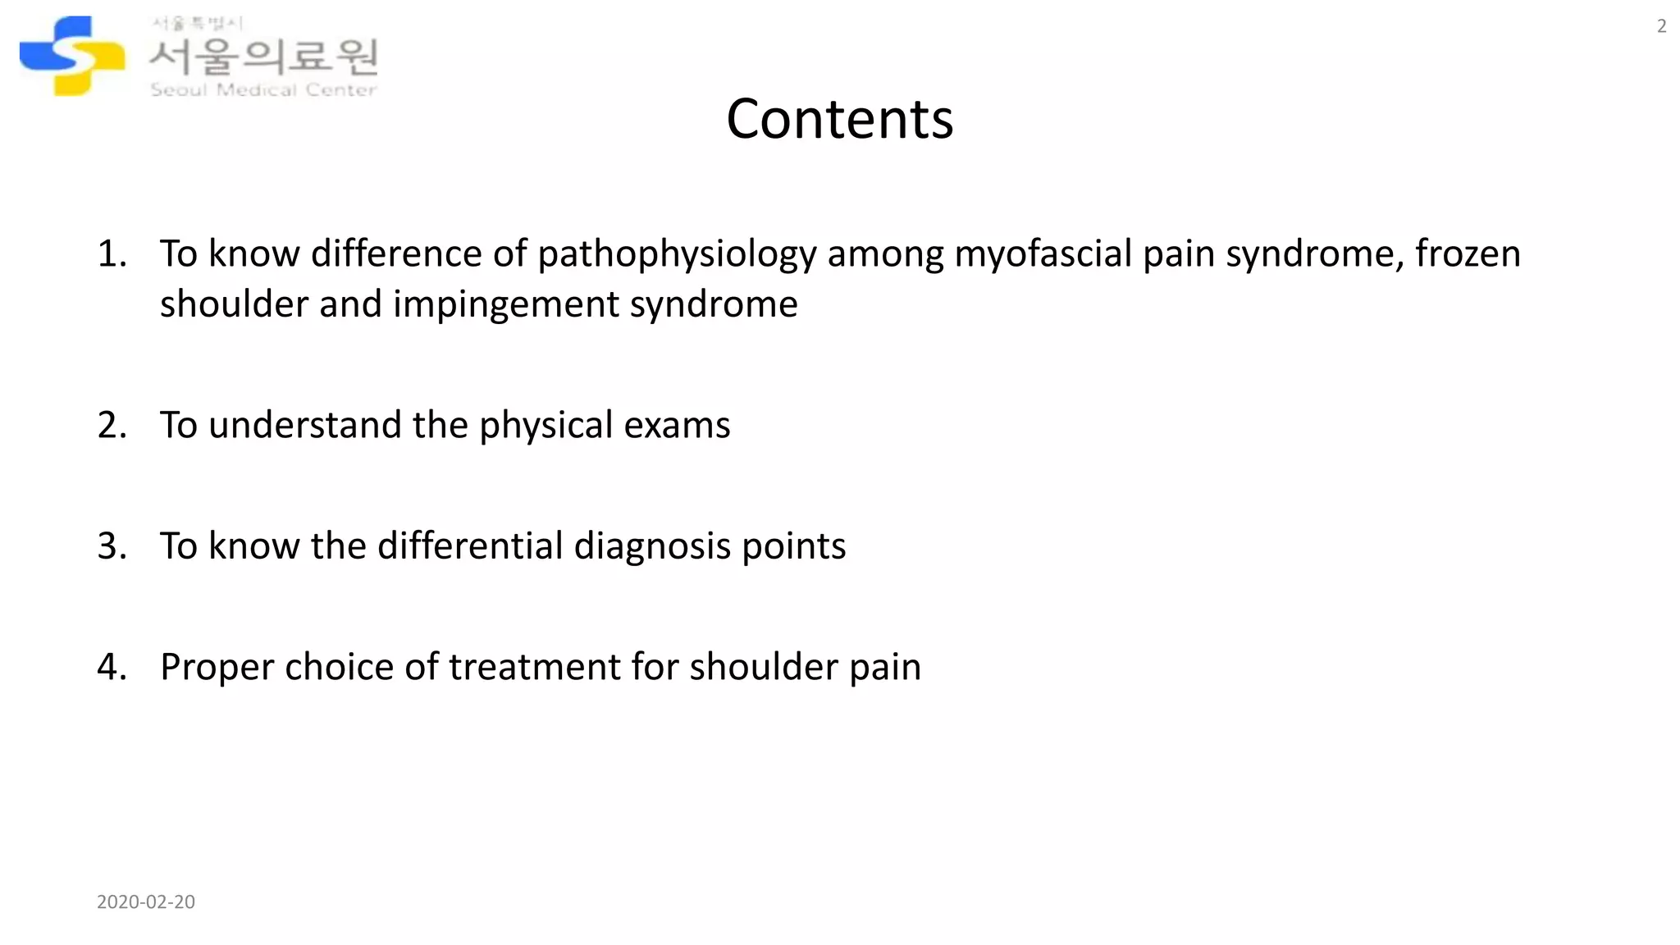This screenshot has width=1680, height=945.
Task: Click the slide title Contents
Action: click(x=839, y=119)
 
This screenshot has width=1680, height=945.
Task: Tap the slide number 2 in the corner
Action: click(x=1661, y=26)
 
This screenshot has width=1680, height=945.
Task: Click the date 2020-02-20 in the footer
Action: click(x=146, y=902)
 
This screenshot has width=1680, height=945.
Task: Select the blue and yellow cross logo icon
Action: click(x=72, y=56)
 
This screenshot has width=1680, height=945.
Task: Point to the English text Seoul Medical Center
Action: click(x=263, y=89)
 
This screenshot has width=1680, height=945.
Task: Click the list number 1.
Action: click(x=112, y=253)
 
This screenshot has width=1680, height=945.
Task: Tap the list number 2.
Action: click(x=112, y=425)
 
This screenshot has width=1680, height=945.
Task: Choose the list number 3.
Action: click(x=112, y=546)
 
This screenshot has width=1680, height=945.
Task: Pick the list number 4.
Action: click(x=112, y=666)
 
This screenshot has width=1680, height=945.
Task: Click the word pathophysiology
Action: click(x=677, y=254)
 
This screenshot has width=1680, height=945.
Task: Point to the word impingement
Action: click(x=505, y=304)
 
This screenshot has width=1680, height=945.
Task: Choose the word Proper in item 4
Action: click(x=217, y=667)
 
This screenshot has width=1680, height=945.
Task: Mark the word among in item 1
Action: click(x=886, y=254)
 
